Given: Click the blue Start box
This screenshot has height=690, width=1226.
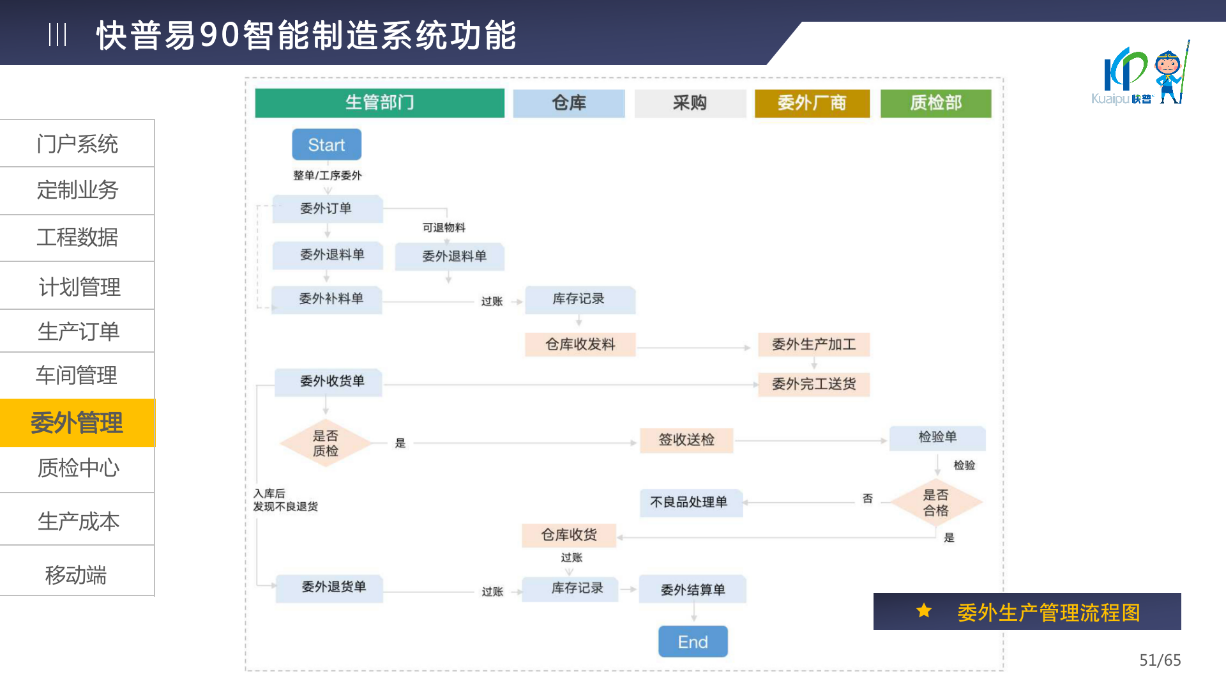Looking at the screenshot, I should click(326, 145).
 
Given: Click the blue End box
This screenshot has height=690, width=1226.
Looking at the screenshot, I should click(693, 641).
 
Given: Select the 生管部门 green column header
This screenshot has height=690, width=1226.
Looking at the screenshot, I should click(379, 103).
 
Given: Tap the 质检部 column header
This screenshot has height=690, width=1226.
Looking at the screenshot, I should click(935, 103).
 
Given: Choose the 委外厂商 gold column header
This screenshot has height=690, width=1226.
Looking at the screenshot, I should click(812, 103).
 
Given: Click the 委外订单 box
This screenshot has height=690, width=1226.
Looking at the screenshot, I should click(327, 209).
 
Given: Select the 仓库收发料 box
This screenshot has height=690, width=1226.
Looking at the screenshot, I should click(580, 344).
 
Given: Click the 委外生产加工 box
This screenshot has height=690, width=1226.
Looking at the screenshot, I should click(814, 344).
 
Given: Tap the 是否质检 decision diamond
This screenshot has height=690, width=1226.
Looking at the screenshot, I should click(326, 443).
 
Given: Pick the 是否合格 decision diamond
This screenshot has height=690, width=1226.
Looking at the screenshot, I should click(935, 503).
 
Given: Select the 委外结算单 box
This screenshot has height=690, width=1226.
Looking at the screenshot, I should click(692, 590).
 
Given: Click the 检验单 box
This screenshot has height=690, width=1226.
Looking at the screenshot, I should click(937, 438).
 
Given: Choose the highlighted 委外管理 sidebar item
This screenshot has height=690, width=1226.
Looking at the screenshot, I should click(77, 423).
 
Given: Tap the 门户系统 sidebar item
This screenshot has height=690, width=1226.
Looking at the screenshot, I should click(77, 144).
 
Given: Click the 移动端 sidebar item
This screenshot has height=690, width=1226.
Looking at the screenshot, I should click(77, 574).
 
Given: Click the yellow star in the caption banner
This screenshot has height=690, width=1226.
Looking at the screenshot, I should click(924, 611).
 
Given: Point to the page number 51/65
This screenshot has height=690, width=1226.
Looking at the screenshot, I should click(1160, 660).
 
